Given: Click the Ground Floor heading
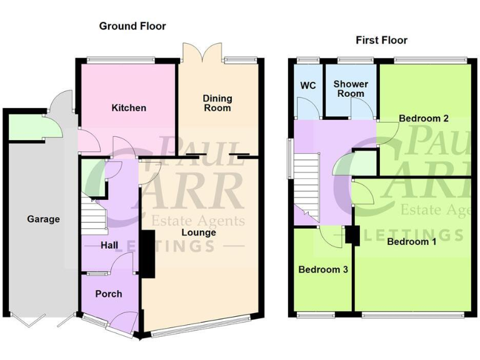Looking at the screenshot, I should [x=132, y=26].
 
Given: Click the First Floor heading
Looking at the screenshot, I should [x=381, y=41].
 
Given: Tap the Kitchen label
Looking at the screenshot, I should [x=129, y=108].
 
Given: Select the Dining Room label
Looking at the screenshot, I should [x=217, y=103].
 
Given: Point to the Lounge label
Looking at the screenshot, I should [x=199, y=232].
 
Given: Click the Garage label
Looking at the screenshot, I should [x=43, y=219].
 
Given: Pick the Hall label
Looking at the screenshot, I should [x=109, y=246].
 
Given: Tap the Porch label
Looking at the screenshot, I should [x=108, y=294].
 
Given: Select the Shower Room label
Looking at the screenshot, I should [x=351, y=89].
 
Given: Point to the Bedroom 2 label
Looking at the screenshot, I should [x=424, y=118].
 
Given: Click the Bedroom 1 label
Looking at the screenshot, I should [x=411, y=242].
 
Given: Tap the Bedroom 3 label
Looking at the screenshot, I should [x=322, y=270].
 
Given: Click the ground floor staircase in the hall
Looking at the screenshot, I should [x=94, y=215].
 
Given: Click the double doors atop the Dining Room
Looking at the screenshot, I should [x=201, y=51].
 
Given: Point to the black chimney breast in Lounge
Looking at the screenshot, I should [x=148, y=253].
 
